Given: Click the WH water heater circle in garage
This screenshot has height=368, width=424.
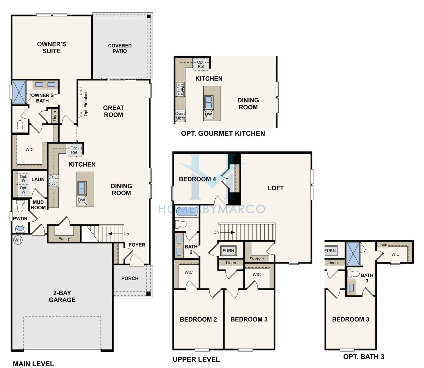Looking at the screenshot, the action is (x=18, y=240).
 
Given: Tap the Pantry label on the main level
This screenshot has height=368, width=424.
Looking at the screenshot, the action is (x=64, y=238).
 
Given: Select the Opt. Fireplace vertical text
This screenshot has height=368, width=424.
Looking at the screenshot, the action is (x=86, y=103).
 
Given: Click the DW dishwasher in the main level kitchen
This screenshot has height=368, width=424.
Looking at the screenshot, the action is (x=81, y=200).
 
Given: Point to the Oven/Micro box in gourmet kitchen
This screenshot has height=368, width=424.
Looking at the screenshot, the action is (x=180, y=116).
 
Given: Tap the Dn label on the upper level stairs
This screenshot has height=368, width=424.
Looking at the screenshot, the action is (x=216, y=232).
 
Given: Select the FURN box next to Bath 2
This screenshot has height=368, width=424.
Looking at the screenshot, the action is (x=228, y=250).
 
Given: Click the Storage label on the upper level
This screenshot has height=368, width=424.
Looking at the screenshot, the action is (x=257, y=259).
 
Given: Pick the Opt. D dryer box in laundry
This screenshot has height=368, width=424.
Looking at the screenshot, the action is (x=24, y=179).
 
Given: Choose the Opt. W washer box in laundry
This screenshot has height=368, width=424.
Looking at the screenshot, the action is (x=24, y=190).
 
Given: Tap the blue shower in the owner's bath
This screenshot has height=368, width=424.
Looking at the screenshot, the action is (x=19, y=92).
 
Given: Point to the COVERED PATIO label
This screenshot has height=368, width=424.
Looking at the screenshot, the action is (x=120, y=48).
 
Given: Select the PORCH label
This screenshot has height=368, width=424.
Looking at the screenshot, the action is (x=130, y=278).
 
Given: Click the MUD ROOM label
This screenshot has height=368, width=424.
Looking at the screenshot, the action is (x=38, y=205).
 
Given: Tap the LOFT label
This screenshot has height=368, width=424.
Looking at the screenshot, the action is (x=276, y=188).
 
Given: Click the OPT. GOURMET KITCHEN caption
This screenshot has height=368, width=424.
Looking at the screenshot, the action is (x=223, y=133).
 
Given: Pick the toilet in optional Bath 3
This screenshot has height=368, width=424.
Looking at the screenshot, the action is (x=353, y=274).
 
